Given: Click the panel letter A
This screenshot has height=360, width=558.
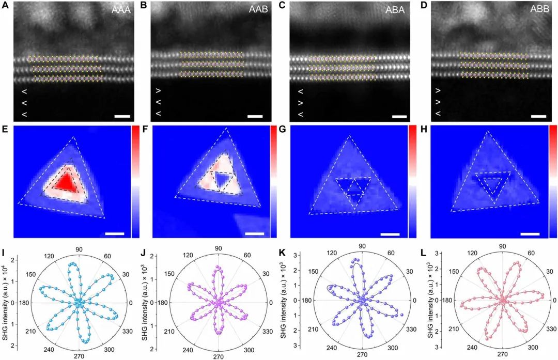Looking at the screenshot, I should (6, 6).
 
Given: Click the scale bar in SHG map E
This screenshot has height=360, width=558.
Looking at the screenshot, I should (115, 233).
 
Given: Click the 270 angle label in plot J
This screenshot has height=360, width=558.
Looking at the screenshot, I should (219, 356).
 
